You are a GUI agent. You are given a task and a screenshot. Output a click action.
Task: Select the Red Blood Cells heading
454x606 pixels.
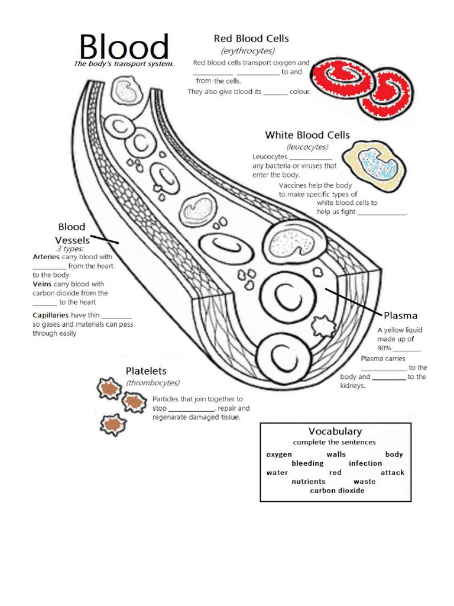(251, 38)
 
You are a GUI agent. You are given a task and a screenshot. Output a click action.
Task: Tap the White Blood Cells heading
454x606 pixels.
(307, 135)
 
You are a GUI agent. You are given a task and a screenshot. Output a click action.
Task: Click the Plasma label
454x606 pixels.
(400, 315)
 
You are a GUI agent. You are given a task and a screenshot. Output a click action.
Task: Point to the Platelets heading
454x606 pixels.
(145, 370)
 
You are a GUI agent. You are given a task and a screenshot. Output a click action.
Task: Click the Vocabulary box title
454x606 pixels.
(335, 431)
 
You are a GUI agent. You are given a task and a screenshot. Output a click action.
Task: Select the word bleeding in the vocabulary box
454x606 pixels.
(307, 463)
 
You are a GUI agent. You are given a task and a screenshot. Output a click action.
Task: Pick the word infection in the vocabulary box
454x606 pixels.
(365, 463)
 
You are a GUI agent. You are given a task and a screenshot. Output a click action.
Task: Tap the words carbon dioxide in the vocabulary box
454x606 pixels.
(337, 491)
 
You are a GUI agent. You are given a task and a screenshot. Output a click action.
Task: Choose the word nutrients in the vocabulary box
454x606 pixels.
(308, 482)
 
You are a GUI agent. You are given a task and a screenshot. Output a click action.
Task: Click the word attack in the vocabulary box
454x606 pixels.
(392, 472)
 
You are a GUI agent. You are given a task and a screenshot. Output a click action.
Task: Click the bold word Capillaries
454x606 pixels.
(51, 315)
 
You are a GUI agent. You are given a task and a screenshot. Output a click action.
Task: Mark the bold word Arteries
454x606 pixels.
(46, 257)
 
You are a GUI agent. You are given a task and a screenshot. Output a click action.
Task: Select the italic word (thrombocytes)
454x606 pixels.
(153, 383)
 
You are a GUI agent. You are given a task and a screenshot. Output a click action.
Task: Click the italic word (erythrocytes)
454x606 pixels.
(248, 51)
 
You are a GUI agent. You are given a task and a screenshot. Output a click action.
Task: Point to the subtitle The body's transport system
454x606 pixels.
(124, 64)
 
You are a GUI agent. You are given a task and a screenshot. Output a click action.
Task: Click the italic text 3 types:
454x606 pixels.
(70, 249)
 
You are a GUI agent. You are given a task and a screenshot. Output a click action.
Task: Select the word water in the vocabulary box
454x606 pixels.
(277, 472)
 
